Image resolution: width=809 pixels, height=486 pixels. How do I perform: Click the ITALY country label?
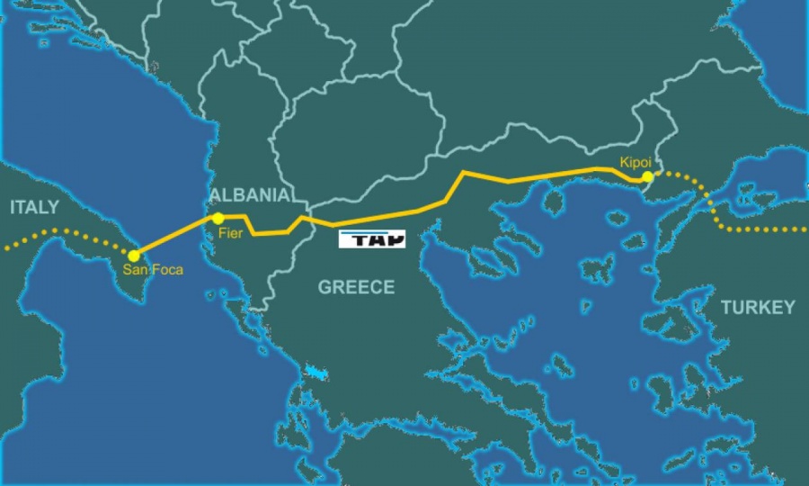click(x=34, y=208)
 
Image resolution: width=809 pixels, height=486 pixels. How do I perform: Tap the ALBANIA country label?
click(x=249, y=195)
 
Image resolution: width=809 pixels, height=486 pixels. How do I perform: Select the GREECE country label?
click(x=356, y=287)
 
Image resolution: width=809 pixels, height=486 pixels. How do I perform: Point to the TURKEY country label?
click(x=758, y=307)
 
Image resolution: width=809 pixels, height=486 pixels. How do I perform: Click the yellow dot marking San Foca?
click(x=134, y=256)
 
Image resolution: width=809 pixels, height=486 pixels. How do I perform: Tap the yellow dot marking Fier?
click(x=218, y=219)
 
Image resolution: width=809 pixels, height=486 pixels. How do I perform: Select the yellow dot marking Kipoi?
click(x=648, y=177)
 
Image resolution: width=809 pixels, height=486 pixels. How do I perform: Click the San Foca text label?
click(x=153, y=270)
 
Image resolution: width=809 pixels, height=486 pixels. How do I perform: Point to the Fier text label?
click(x=230, y=233)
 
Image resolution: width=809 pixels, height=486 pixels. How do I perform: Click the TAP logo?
click(x=372, y=239)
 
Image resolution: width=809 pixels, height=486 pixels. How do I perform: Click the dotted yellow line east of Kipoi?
click(x=719, y=211)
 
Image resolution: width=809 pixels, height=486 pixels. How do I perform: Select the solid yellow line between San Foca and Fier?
click(x=175, y=237)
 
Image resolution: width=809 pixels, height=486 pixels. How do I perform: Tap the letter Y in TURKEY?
click(x=788, y=307)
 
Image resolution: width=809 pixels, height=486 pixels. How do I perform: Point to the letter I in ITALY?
click(x=13, y=208)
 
